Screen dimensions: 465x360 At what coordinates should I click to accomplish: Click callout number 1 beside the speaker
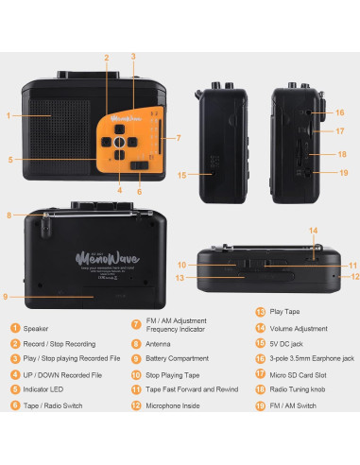pyautogui.click(x=8, y=116)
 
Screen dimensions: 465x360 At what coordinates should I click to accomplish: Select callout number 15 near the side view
pyautogui.click(x=180, y=174)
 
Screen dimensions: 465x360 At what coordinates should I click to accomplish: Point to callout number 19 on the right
pyautogui.click(x=344, y=173)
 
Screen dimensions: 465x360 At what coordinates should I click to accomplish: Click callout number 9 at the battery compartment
pyautogui.click(x=8, y=297)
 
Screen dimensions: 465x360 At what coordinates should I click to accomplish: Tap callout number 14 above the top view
pyautogui.click(x=314, y=230)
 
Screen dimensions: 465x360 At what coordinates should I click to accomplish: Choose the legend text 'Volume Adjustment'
pyautogui.click(x=301, y=355)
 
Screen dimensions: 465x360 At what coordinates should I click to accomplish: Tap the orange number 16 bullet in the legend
pyautogui.click(x=260, y=372)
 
